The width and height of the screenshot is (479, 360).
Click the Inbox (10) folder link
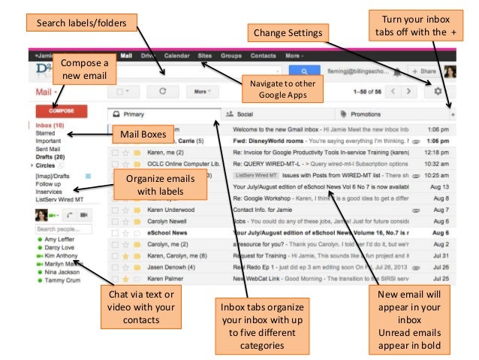[50, 125]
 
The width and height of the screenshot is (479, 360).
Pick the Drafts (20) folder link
[50, 156]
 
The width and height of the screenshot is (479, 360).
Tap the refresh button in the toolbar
[162, 91]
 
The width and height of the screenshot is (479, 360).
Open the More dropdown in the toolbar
[200, 91]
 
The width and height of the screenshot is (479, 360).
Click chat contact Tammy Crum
[62, 280]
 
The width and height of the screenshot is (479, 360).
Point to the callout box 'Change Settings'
[288, 33]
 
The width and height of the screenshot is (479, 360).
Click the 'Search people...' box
[63, 228]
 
